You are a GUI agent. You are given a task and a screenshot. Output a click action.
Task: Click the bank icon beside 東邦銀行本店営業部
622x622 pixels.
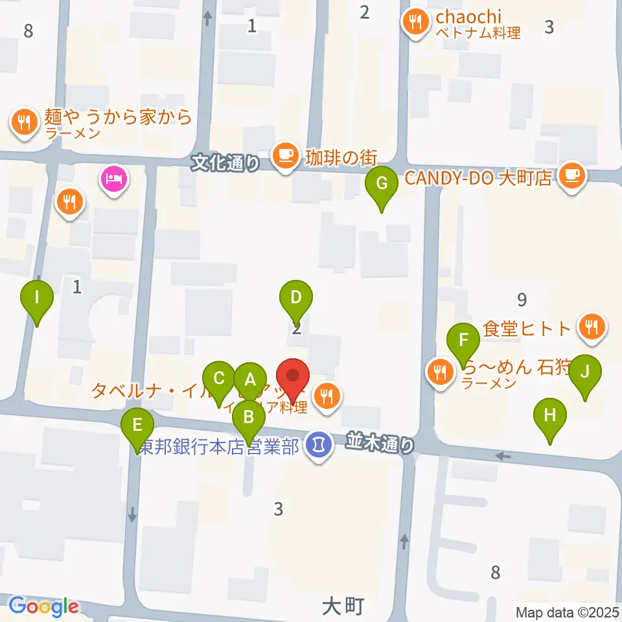tap(317, 445)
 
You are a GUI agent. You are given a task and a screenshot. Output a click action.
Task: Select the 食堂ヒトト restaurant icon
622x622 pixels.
tap(591, 327)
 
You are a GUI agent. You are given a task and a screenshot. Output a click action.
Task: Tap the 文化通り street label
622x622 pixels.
tap(225, 164)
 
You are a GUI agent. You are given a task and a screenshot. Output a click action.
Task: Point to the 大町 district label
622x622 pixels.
tap(342, 606)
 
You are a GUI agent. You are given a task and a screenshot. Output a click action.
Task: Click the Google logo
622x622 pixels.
tap(44, 606)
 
